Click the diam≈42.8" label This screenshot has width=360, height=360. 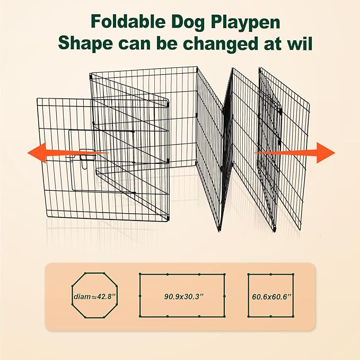click(x=87, y=296)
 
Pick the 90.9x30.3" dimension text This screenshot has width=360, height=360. click(x=182, y=296)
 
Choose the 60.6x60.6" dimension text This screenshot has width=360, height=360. click(x=270, y=296)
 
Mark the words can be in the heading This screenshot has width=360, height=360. click(x=154, y=43)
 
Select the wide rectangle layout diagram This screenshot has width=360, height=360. click(x=182, y=295)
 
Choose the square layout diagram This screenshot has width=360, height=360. click(x=270, y=295)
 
